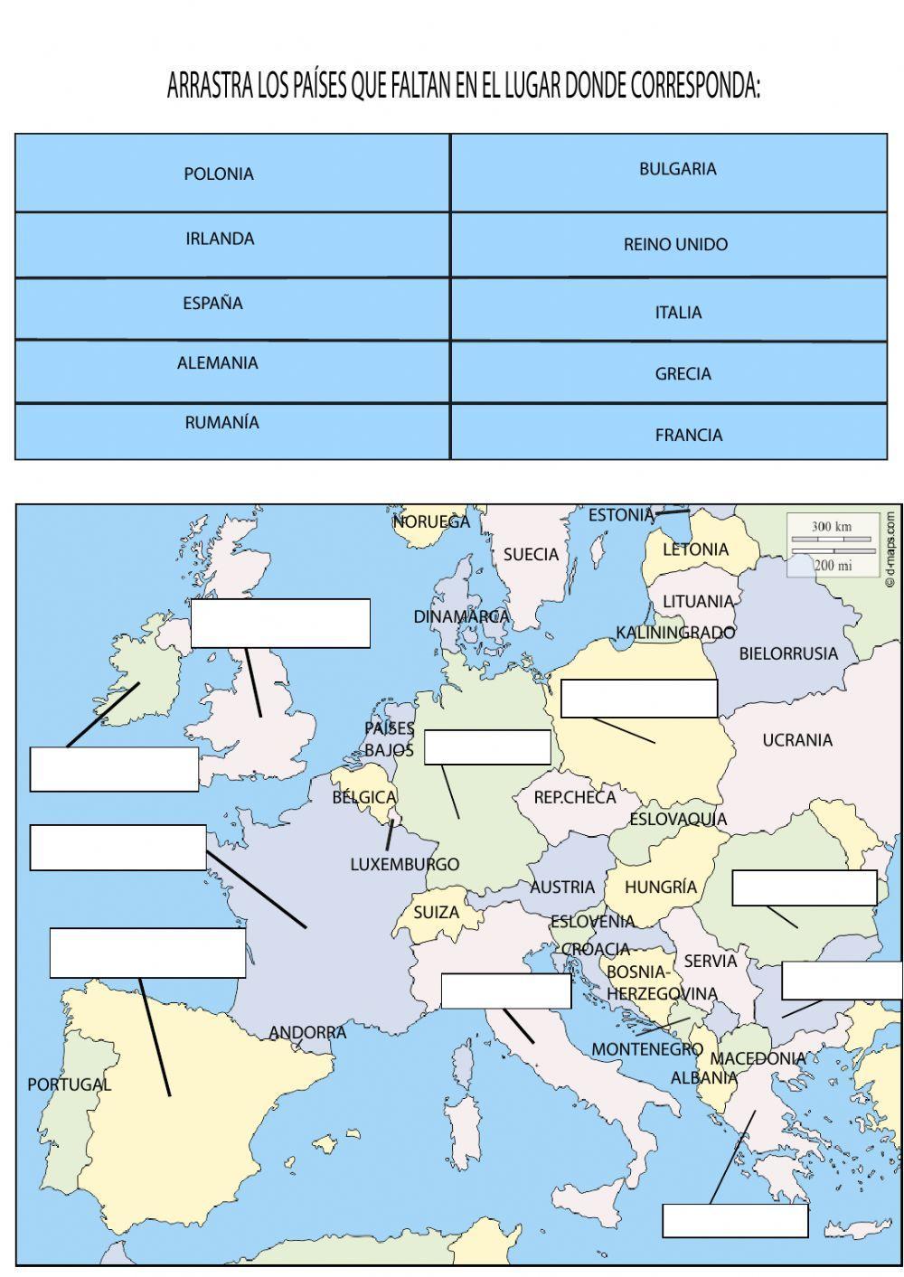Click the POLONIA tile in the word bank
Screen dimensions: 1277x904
pos(219,174)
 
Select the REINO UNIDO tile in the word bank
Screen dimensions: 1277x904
pos(675,244)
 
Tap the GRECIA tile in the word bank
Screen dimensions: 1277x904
pos(683,373)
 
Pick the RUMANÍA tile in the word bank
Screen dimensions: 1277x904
pos(221,422)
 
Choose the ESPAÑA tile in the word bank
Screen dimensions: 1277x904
pos(212,303)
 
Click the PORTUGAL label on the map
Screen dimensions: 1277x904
pos(69,1084)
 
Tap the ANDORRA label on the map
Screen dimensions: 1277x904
pos(307,1032)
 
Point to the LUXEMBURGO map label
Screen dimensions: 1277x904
pos(404,864)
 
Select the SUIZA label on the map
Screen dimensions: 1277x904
pos(436,912)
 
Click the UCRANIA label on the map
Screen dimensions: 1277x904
pos(796,740)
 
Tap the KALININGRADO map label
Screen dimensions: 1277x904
pos(675,632)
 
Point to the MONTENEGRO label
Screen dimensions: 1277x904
pos(646,1049)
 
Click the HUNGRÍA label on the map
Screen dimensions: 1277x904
pos(661,887)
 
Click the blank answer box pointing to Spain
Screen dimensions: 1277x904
pos(147,952)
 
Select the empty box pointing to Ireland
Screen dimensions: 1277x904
pos(114,769)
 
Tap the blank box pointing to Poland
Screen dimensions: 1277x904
pos(638,699)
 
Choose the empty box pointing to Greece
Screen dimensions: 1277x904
pos(734,1220)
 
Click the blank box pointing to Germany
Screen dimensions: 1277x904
pos(486,747)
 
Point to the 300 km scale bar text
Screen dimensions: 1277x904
pos(831,526)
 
